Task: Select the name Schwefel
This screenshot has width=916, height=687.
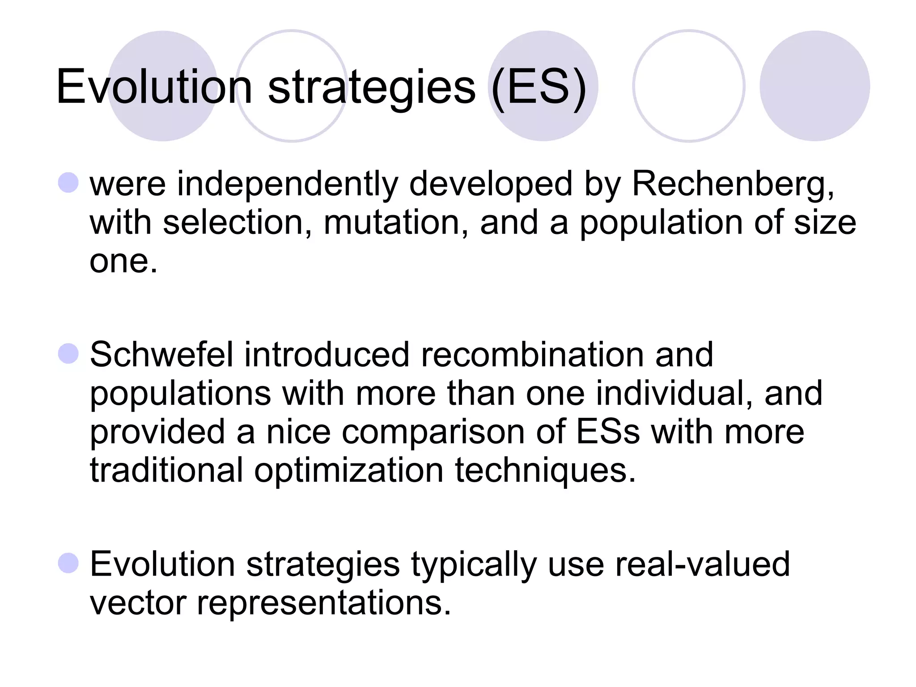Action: pyautogui.click(x=161, y=355)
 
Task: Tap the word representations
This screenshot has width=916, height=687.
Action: pyautogui.click(x=324, y=603)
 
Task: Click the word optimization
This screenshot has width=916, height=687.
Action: pyautogui.click(x=349, y=471)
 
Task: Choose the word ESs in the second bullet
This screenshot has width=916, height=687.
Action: pyautogui.click(x=608, y=432)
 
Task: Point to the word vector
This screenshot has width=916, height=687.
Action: pyautogui.click(x=138, y=603)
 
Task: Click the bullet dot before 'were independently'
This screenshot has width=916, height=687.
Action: pyautogui.click(x=68, y=183)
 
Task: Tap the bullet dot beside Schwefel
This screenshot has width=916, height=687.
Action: pyautogui.click(x=68, y=354)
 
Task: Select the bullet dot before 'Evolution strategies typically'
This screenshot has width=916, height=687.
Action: pyautogui.click(x=68, y=563)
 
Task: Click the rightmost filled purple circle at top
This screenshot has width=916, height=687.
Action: pyautogui.click(x=814, y=86)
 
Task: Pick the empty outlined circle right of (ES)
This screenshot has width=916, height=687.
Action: pyautogui.click(x=689, y=86)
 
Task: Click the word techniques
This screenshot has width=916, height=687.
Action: pyautogui.click(x=545, y=471)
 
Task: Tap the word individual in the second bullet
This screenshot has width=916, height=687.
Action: pyautogui.click(x=674, y=394)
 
